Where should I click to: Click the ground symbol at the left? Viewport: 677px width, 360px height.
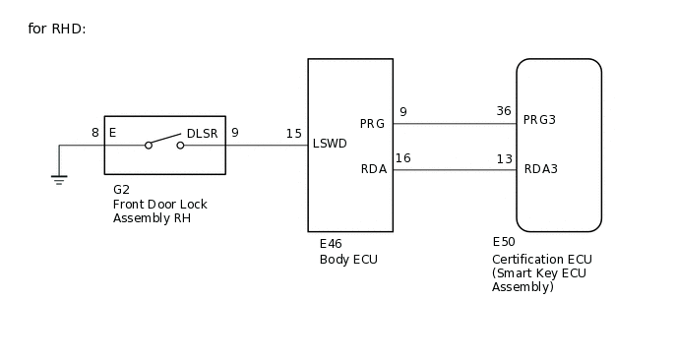59,178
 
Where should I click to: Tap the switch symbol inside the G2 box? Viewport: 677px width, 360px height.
164,142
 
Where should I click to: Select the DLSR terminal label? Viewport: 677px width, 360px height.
202,133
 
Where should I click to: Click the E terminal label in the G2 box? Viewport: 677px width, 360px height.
112,133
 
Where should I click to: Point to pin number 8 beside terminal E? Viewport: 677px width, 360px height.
95,133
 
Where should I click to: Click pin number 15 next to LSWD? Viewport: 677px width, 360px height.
294,133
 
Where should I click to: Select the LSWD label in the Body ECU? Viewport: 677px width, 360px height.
330,144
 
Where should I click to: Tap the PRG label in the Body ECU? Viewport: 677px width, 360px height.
372,124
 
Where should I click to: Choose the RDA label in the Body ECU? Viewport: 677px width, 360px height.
373,169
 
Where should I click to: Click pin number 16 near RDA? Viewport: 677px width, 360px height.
402,157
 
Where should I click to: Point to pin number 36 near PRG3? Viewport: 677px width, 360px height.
504,111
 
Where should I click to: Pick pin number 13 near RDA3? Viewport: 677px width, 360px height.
504,157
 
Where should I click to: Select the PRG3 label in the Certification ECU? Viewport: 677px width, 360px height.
540,120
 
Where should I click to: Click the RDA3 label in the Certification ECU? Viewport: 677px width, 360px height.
541,169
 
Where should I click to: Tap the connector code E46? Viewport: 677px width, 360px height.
331,244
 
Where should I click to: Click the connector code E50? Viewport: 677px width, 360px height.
504,241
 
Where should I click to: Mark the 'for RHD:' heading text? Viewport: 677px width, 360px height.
57,29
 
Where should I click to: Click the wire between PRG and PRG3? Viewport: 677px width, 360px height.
455,124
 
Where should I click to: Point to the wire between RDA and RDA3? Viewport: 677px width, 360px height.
455,170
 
